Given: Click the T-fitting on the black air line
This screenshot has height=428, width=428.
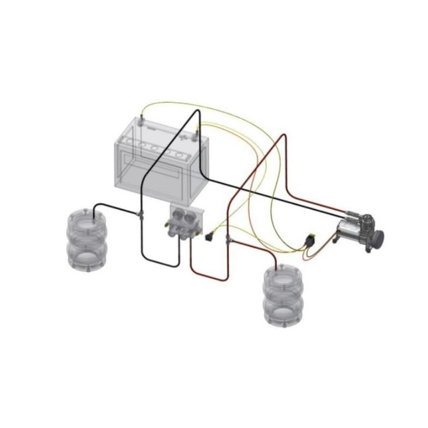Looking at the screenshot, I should [x=140, y=215].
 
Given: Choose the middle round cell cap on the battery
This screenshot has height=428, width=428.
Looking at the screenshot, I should [x=156, y=147].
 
